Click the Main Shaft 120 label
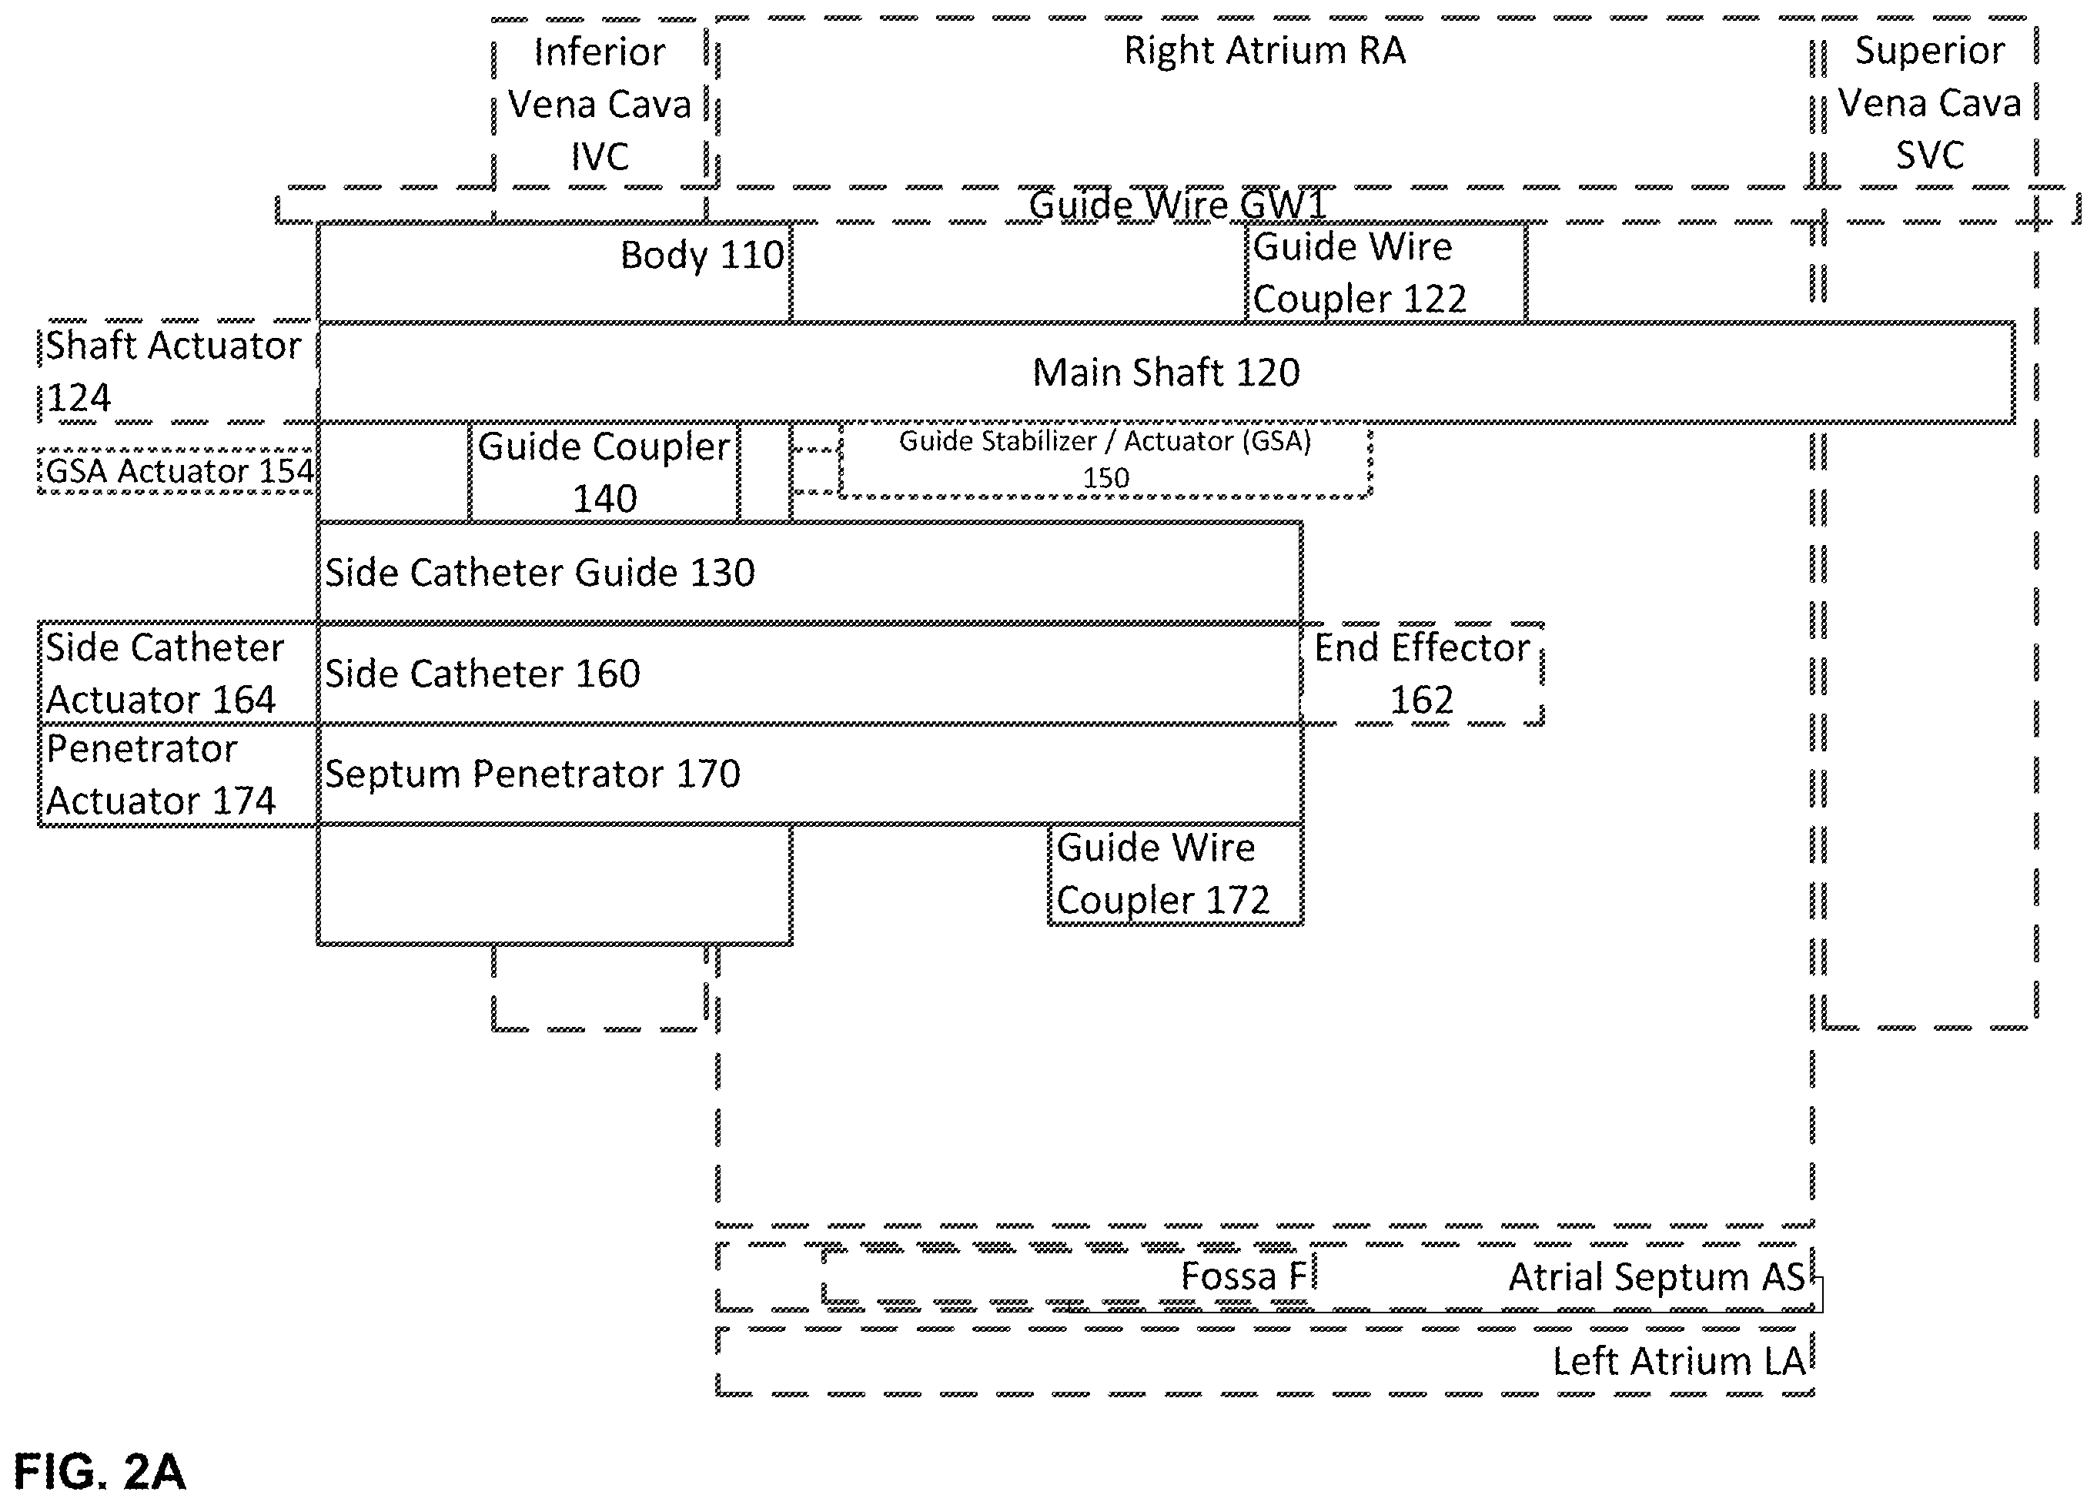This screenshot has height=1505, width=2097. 1166,373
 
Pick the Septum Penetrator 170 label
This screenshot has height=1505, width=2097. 533,774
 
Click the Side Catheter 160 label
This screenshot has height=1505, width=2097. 483,674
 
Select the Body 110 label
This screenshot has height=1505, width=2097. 702,255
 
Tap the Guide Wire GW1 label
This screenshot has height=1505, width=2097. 1178,204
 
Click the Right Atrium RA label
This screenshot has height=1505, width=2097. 1265,50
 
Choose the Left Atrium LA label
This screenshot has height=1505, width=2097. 1679,1362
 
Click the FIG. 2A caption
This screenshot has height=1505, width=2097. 100,1472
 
